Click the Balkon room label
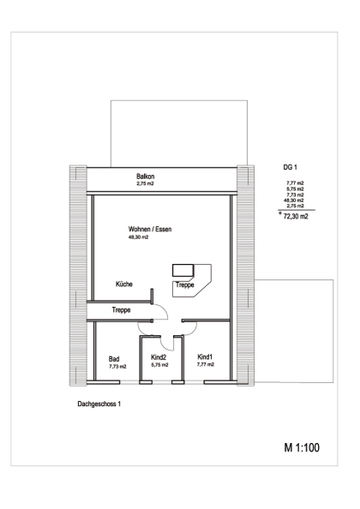click(x=146, y=177)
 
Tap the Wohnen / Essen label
click(x=150, y=229)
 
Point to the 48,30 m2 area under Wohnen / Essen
click(x=138, y=237)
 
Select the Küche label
click(x=124, y=284)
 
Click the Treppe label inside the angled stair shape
click(x=184, y=284)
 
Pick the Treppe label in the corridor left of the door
click(x=121, y=310)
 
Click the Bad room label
click(x=114, y=359)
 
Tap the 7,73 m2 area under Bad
click(x=117, y=367)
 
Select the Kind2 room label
click(x=159, y=357)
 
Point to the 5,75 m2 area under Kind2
click(x=159, y=365)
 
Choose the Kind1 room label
click(x=205, y=356)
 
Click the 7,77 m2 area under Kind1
click(x=206, y=364)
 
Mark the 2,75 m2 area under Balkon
click(x=145, y=183)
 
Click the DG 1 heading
click(x=291, y=167)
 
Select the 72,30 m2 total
click(x=296, y=217)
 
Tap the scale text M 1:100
click(x=302, y=447)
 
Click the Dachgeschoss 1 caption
click(x=99, y=404)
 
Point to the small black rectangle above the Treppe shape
click(x=183, y=271)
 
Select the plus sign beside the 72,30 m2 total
click(x=279, y=213)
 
